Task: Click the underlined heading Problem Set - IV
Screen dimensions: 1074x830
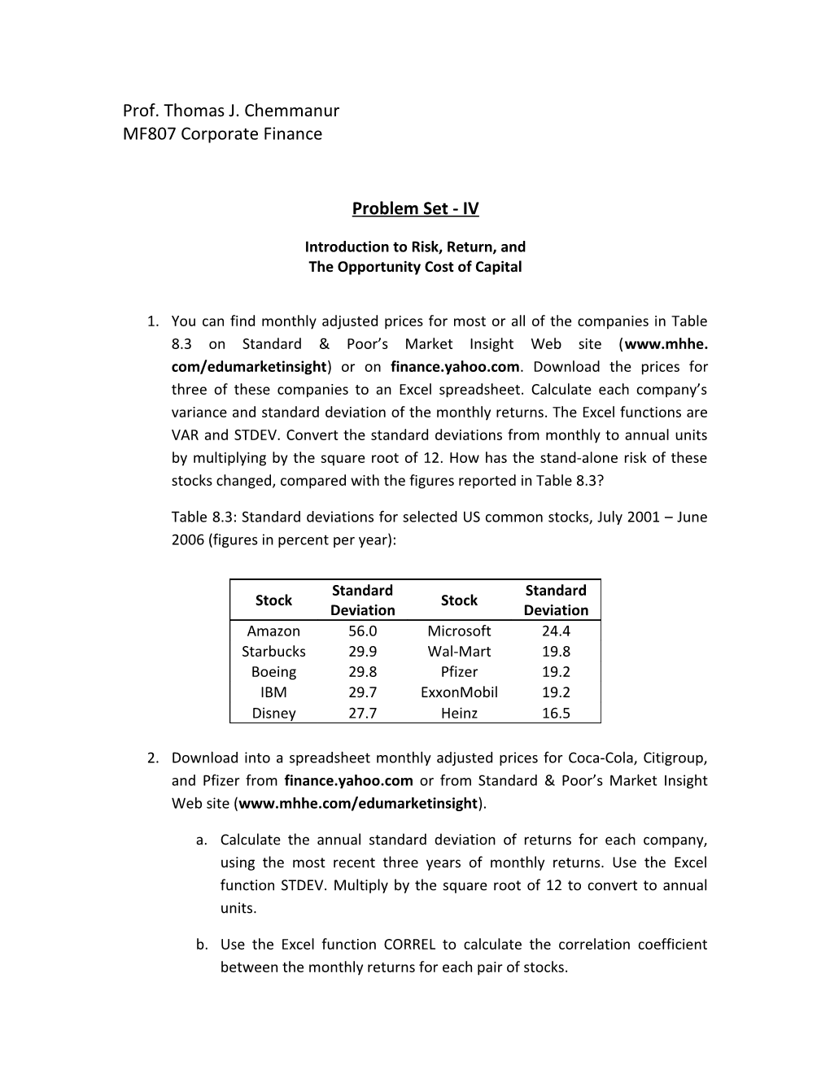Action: click(415, 209)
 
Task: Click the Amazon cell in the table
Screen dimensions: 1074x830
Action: click(273, 631)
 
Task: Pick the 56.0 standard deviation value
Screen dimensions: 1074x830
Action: click(362, 631)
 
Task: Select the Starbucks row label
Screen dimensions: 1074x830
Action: click(273, 652)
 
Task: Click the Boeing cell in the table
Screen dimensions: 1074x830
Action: click(273, 672)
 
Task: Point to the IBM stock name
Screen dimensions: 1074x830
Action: click(273, 692)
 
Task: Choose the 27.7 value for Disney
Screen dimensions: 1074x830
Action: click(362, 714)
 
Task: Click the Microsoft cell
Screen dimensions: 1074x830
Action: click(459, 631)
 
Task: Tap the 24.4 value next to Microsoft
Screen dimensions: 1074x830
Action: click(556, 631)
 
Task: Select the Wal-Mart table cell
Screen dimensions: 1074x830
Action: click(459, 652)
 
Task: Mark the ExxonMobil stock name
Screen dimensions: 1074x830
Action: click(459, 692)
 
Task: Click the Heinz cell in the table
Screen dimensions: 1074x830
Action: click(459, 714)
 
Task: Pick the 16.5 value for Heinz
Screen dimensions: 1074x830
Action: click(556, 714)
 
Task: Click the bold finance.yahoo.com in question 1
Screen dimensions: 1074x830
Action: click(454, 367)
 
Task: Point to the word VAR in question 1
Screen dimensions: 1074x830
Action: click(185, 435)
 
